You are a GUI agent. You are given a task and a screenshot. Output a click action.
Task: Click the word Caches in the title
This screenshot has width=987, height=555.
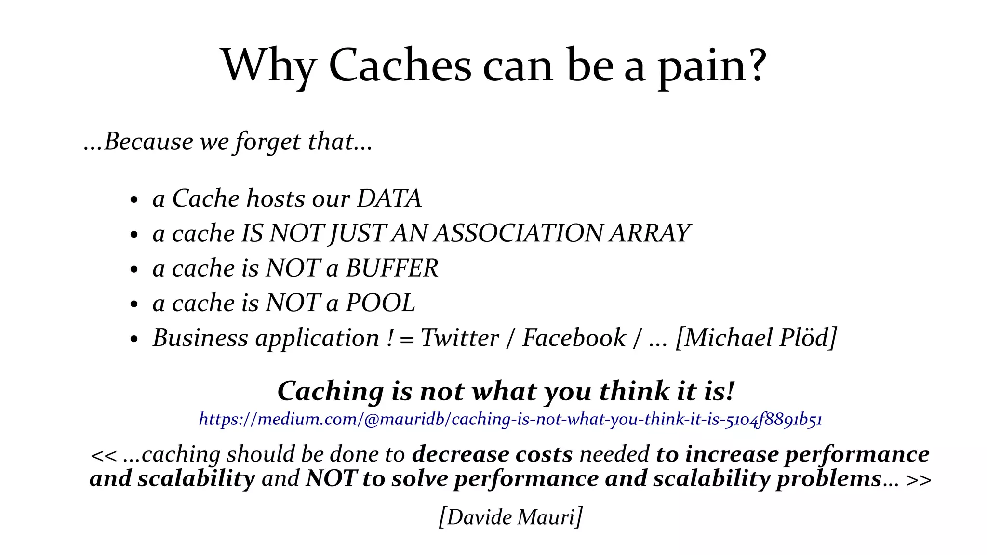point(400,66)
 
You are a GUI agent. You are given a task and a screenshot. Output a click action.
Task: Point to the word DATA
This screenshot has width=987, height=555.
point(389,198)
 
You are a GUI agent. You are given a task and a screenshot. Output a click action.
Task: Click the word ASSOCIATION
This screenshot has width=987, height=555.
point(518,234)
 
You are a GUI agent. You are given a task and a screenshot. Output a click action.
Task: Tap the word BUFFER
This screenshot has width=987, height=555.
point(392,268)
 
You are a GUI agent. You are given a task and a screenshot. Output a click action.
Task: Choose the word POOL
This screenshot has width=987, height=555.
point(380,303)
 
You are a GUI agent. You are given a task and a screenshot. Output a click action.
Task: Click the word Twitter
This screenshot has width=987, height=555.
point(459,338)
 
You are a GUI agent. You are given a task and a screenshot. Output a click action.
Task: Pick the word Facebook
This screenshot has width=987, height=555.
point(574,338)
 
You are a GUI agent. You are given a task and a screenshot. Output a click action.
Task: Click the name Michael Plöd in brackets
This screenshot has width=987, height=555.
point(756,338)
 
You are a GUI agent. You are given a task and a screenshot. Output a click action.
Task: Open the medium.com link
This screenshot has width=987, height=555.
point(510,419)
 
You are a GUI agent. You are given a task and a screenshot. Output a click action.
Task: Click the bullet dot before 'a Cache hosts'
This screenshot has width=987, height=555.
point(134,200)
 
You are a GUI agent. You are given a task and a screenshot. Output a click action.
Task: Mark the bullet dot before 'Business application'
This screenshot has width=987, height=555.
point(134,339)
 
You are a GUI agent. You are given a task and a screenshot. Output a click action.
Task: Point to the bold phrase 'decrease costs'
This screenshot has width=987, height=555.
point(492,454)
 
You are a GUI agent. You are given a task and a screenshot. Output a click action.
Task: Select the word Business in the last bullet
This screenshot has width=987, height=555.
point(200,338)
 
